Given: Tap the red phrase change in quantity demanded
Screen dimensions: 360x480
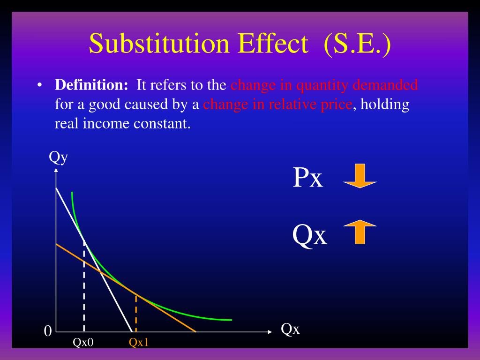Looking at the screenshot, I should click(x=324, y=85).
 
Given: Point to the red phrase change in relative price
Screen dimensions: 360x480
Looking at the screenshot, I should click(x=277, y=104).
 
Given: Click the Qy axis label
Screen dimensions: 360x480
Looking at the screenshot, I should click(x=58, y=157).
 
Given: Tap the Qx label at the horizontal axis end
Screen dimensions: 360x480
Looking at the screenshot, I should click(x=290, y=329).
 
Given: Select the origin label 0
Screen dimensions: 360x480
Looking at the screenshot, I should click(x=47, y=331).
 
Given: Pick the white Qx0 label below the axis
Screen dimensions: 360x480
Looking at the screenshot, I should click(x=83, y=343).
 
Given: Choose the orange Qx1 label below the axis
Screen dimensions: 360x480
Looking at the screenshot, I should click(x=139, y=343).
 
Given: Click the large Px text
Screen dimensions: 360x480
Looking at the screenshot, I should click(x=308, y=178).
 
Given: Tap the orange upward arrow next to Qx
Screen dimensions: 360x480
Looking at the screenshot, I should click(x=360, y=233).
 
